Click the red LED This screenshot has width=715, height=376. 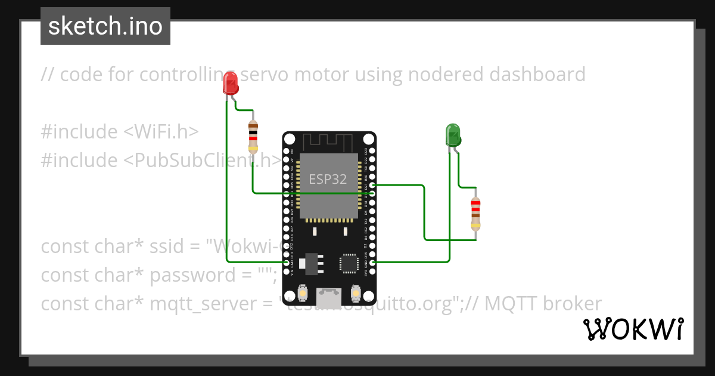point(231,84)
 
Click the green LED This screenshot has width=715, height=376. point(453,135)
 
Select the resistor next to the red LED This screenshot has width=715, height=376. point(253,137)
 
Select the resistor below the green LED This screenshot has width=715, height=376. point(475,213)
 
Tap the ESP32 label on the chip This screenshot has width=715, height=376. point(328,179)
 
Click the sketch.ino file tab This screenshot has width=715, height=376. point(105,26)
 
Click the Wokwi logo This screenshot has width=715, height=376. point(633,329)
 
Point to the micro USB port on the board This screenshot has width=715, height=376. point(329,298)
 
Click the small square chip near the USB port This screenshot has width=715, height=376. point(349,263)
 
